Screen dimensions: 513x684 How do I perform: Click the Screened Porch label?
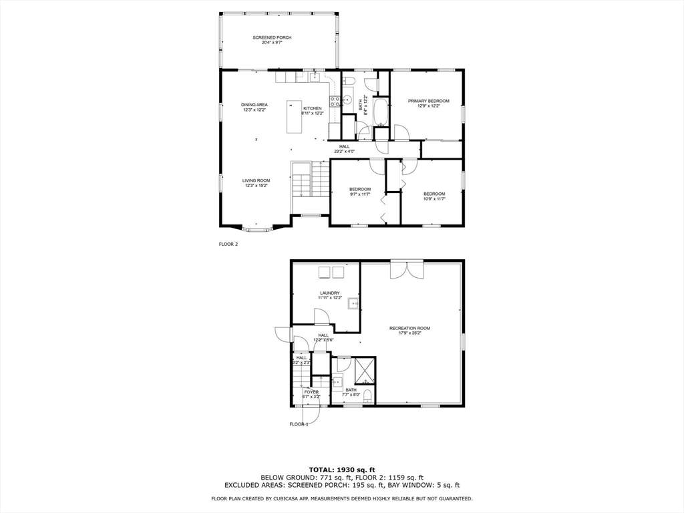click(x=272, y=37)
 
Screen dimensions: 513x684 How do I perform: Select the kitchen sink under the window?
click(x=314, y=77)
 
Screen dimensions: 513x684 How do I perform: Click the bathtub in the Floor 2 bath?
click(x=380, y=112)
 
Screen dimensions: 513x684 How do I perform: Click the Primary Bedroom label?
click(x=428, y=101)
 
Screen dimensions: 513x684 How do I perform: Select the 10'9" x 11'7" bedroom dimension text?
click(x=434, y=198)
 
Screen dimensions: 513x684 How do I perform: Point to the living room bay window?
click(x=256, y=229)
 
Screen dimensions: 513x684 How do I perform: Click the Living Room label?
click(x=256, y=180)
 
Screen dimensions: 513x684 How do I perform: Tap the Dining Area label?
click(x=254, y=105)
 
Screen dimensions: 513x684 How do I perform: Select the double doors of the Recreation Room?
click(x=407, y=269)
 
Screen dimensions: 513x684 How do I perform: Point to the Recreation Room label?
click(x=409, y=328)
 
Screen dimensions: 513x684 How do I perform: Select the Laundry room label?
click(x=330, y=293)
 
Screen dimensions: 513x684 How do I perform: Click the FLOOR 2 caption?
click(x=228, y=244)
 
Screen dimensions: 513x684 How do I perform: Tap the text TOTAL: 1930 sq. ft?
click(x=341, y=469)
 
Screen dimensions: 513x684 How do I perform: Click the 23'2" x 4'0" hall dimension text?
click(x=344, y=152)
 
